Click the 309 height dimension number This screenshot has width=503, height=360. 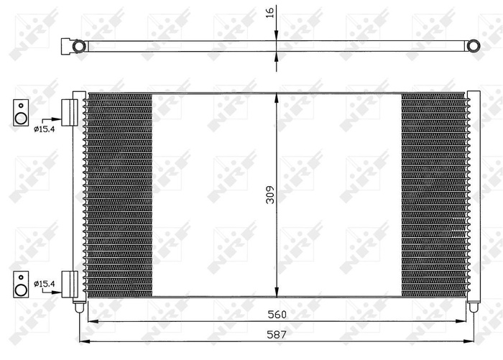point(270,195)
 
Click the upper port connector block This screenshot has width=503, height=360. point(70,112)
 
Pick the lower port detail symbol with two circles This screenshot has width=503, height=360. point(22,284)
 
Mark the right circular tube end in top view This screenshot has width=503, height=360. point(474,46)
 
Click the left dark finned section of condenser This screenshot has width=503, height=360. point(119,194)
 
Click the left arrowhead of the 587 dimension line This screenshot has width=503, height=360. point(83,340)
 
